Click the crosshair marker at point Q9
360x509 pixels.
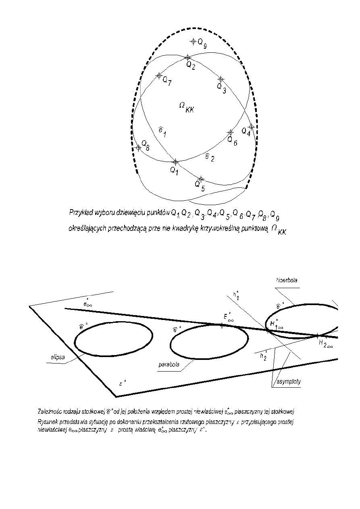tap(193, 42)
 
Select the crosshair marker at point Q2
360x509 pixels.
tap(187, 58)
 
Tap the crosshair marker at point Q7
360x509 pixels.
tap(159, 75)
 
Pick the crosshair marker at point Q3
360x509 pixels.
tap(221, 79)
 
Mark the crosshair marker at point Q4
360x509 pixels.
tap(251, 127)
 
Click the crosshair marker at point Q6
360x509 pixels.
tap(230, 132)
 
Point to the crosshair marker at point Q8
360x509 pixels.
tap(138, 148)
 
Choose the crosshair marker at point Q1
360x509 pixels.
tap(175, 162)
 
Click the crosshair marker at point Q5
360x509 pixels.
tap(201, 179)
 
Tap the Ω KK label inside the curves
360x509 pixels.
tap(185, 107)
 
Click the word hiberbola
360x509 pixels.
tap(287, 280)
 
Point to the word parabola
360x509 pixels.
tap(169, 365)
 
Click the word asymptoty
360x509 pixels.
tap(289, 382)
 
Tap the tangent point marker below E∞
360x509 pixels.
tap(222, 326)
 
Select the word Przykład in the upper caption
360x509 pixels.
tap(81, 212)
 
